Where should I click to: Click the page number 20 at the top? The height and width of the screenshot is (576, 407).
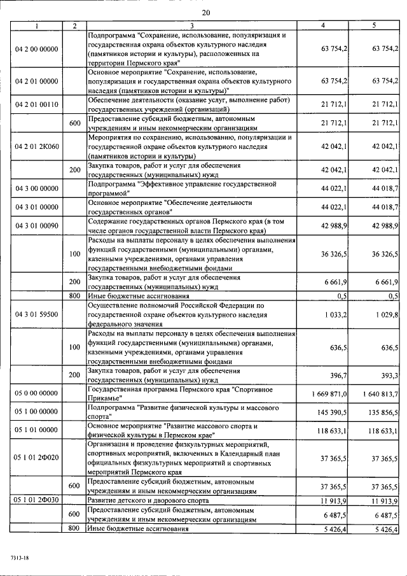206,13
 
